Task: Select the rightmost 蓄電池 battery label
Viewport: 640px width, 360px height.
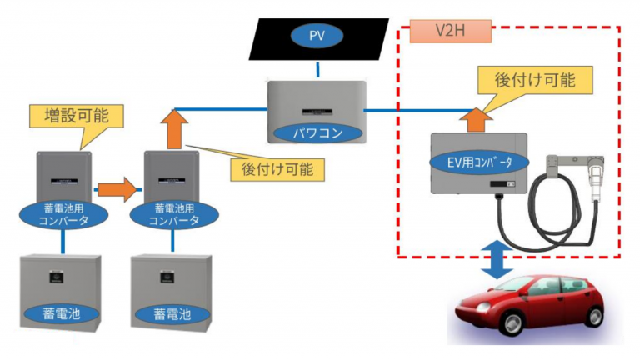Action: (172, 314)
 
